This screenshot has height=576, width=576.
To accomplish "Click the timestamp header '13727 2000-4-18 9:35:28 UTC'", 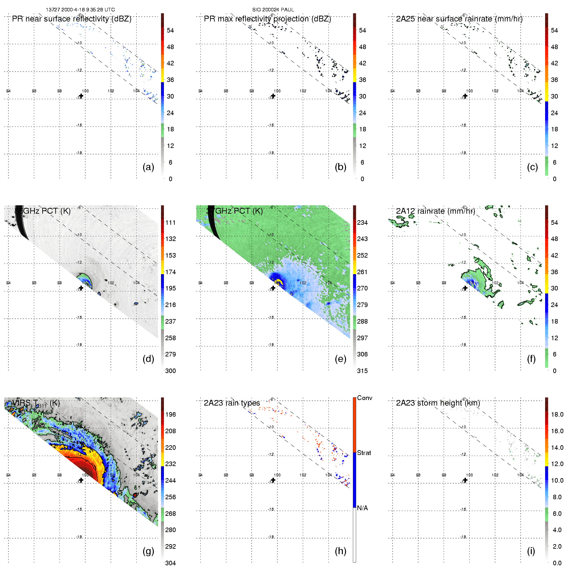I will tap(80, 10).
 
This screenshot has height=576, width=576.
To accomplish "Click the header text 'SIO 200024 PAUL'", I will tap(273, 10).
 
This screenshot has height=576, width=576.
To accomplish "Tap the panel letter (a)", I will tap(148, 167).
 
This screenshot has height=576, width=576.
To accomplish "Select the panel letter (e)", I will tap(340, 359).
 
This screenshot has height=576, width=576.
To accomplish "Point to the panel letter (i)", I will tap(531, 551).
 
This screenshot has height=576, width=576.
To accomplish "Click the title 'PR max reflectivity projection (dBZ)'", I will tap(267, 19).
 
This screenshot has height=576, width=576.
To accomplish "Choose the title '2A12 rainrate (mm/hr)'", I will tap(435, 211).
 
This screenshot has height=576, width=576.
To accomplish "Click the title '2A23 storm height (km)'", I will tap(438, 403).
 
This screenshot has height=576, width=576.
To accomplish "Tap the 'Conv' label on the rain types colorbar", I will tap(365, 398).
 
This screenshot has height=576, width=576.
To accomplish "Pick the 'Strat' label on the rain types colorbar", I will tap(364, 453).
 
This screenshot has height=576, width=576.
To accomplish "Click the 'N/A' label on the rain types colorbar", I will tap(362, 508).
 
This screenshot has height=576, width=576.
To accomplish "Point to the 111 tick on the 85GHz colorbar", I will tap(170, 222).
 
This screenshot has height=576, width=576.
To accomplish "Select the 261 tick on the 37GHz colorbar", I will tap(362, 272).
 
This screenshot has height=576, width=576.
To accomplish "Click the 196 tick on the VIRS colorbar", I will tap(170, 414).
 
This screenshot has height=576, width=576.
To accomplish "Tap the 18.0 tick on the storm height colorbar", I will tap(557, 414).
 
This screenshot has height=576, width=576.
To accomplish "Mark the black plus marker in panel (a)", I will tap(81, 96).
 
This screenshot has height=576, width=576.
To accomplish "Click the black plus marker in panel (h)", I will tap(273, 480).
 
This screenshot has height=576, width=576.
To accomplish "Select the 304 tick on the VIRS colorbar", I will tap(170, 563).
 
